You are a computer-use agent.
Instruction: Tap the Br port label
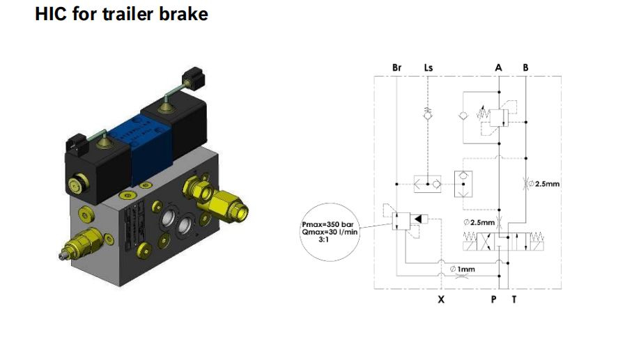coord(397,68)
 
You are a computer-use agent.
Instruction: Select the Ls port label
coord(428,68)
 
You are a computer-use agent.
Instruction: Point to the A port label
coord(498,68)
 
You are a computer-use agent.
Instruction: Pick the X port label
coord(440,300)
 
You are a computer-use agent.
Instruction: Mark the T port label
coord(514,300)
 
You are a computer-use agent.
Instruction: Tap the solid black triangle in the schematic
coord(417,220)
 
